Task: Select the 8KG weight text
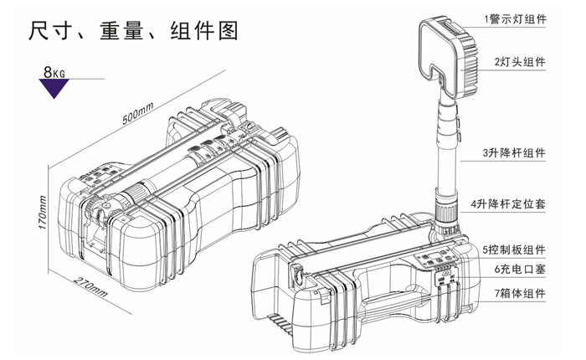click(x=55, y=73)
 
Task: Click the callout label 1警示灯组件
click(x=514, y=19)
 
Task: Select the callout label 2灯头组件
click(x=519, y=62)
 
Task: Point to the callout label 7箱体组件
click(x=519, y=294)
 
